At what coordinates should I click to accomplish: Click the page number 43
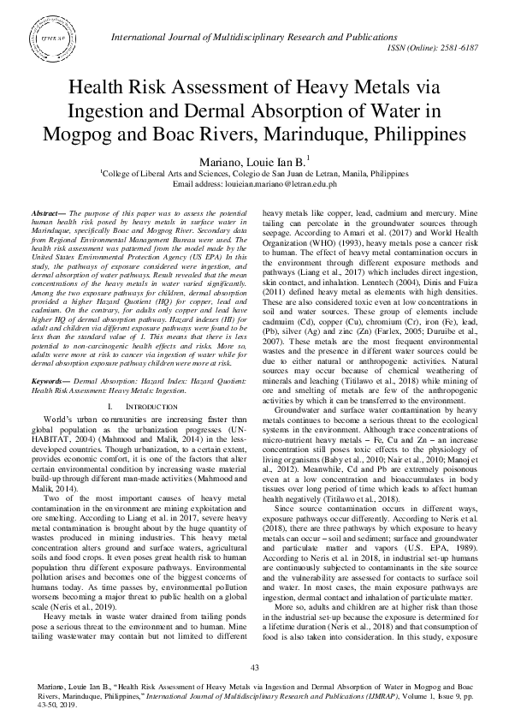254,667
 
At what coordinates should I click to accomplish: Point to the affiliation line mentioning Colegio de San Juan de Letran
254,172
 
